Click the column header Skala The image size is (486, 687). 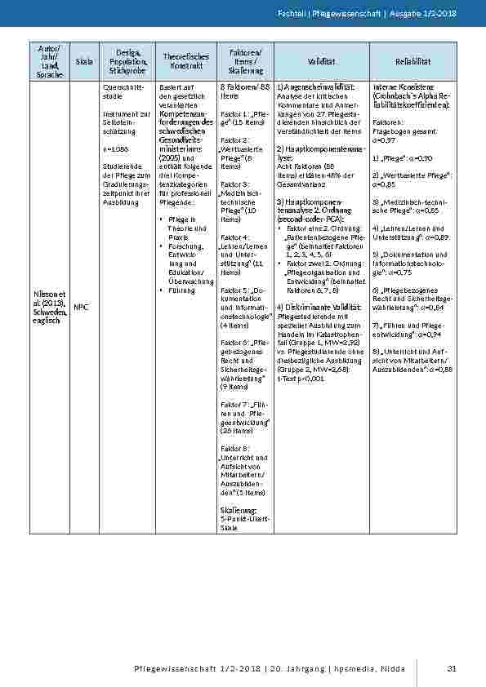click(x=83, y=61)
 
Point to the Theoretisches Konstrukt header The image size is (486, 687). click(x=181, y=61)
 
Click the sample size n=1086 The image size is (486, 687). click(x=116, y=149)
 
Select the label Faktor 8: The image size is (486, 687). click(x=234, y=448)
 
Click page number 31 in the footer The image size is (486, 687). click(x=451, y=670)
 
